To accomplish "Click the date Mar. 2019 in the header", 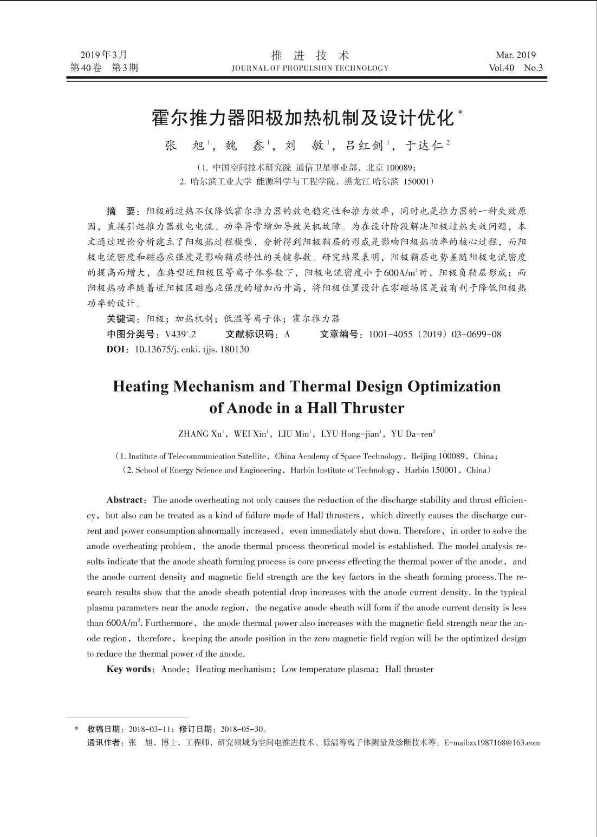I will click(x=515, y=55).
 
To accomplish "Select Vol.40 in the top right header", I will click(x=501, y=68).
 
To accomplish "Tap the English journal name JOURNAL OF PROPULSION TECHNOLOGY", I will click(x=310, y=68).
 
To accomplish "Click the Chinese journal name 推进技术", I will click(x=310, y=55).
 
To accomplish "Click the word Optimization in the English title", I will click(x=454, y=387).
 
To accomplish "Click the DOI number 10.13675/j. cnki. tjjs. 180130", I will click(x=191, y=349).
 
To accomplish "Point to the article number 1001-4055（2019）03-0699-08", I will click(x=434, y=334).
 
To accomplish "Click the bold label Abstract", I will click(x=125, y=500).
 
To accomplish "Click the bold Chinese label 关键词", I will click(x=123, y=319).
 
